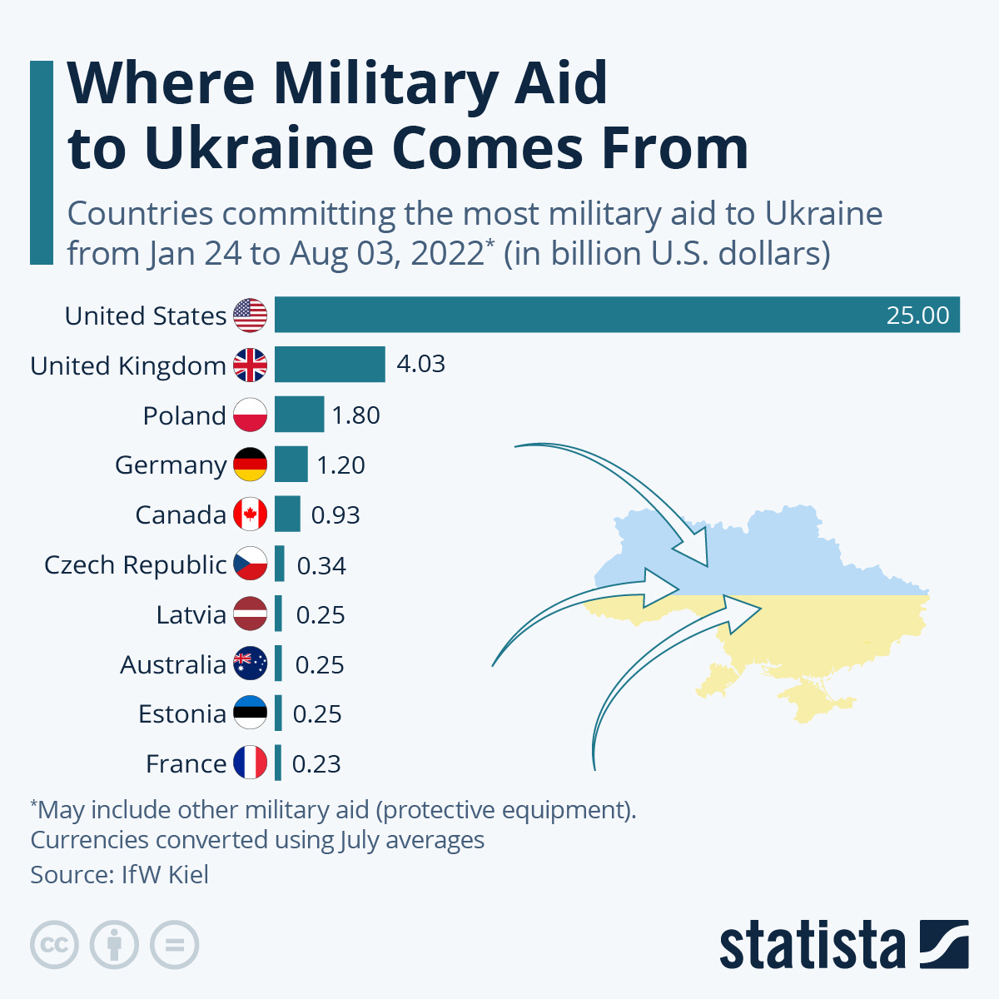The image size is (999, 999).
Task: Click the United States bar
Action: click(616, 315)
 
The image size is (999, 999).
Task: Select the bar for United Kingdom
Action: click(330, 365)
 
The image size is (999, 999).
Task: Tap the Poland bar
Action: click(299, 415)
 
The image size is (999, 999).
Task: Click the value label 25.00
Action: click(917, 316)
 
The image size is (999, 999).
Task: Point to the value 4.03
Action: click(420, 365)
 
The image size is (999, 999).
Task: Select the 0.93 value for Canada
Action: click(335, 515)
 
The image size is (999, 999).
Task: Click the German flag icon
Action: click(250, 465)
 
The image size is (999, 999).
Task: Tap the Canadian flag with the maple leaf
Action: click(250, 514)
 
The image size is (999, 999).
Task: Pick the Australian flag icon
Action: click(250, 664)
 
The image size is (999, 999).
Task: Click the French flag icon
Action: click(250, 763)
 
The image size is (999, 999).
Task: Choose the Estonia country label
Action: click(182, 714)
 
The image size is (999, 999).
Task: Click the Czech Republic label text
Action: click(135, 564)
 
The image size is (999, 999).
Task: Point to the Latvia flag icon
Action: click(250, 614)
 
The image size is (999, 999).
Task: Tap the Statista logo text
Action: click(812, 946)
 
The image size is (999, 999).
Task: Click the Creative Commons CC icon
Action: click(54, 945)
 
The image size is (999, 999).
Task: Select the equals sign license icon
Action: click(174, 945)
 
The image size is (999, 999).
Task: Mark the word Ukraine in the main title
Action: click(261, 147)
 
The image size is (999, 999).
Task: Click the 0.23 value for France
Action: click(316, 764)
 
